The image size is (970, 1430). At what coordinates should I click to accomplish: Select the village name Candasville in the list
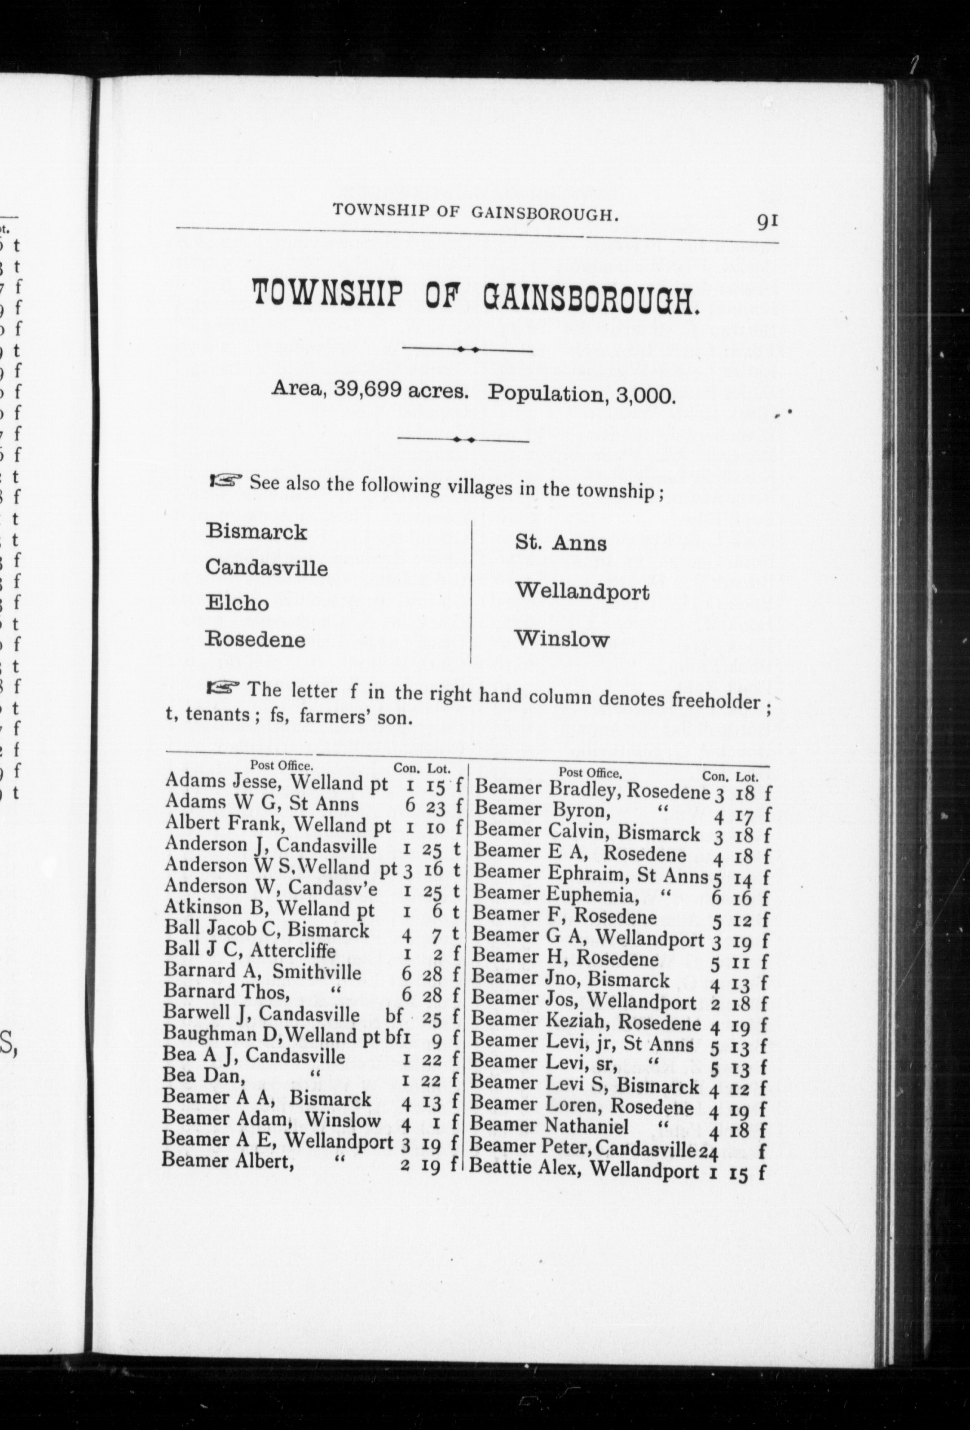(266, 567)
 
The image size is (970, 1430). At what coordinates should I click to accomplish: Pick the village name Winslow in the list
(562, 639)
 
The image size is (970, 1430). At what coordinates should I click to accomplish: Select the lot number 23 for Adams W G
(432, 805)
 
